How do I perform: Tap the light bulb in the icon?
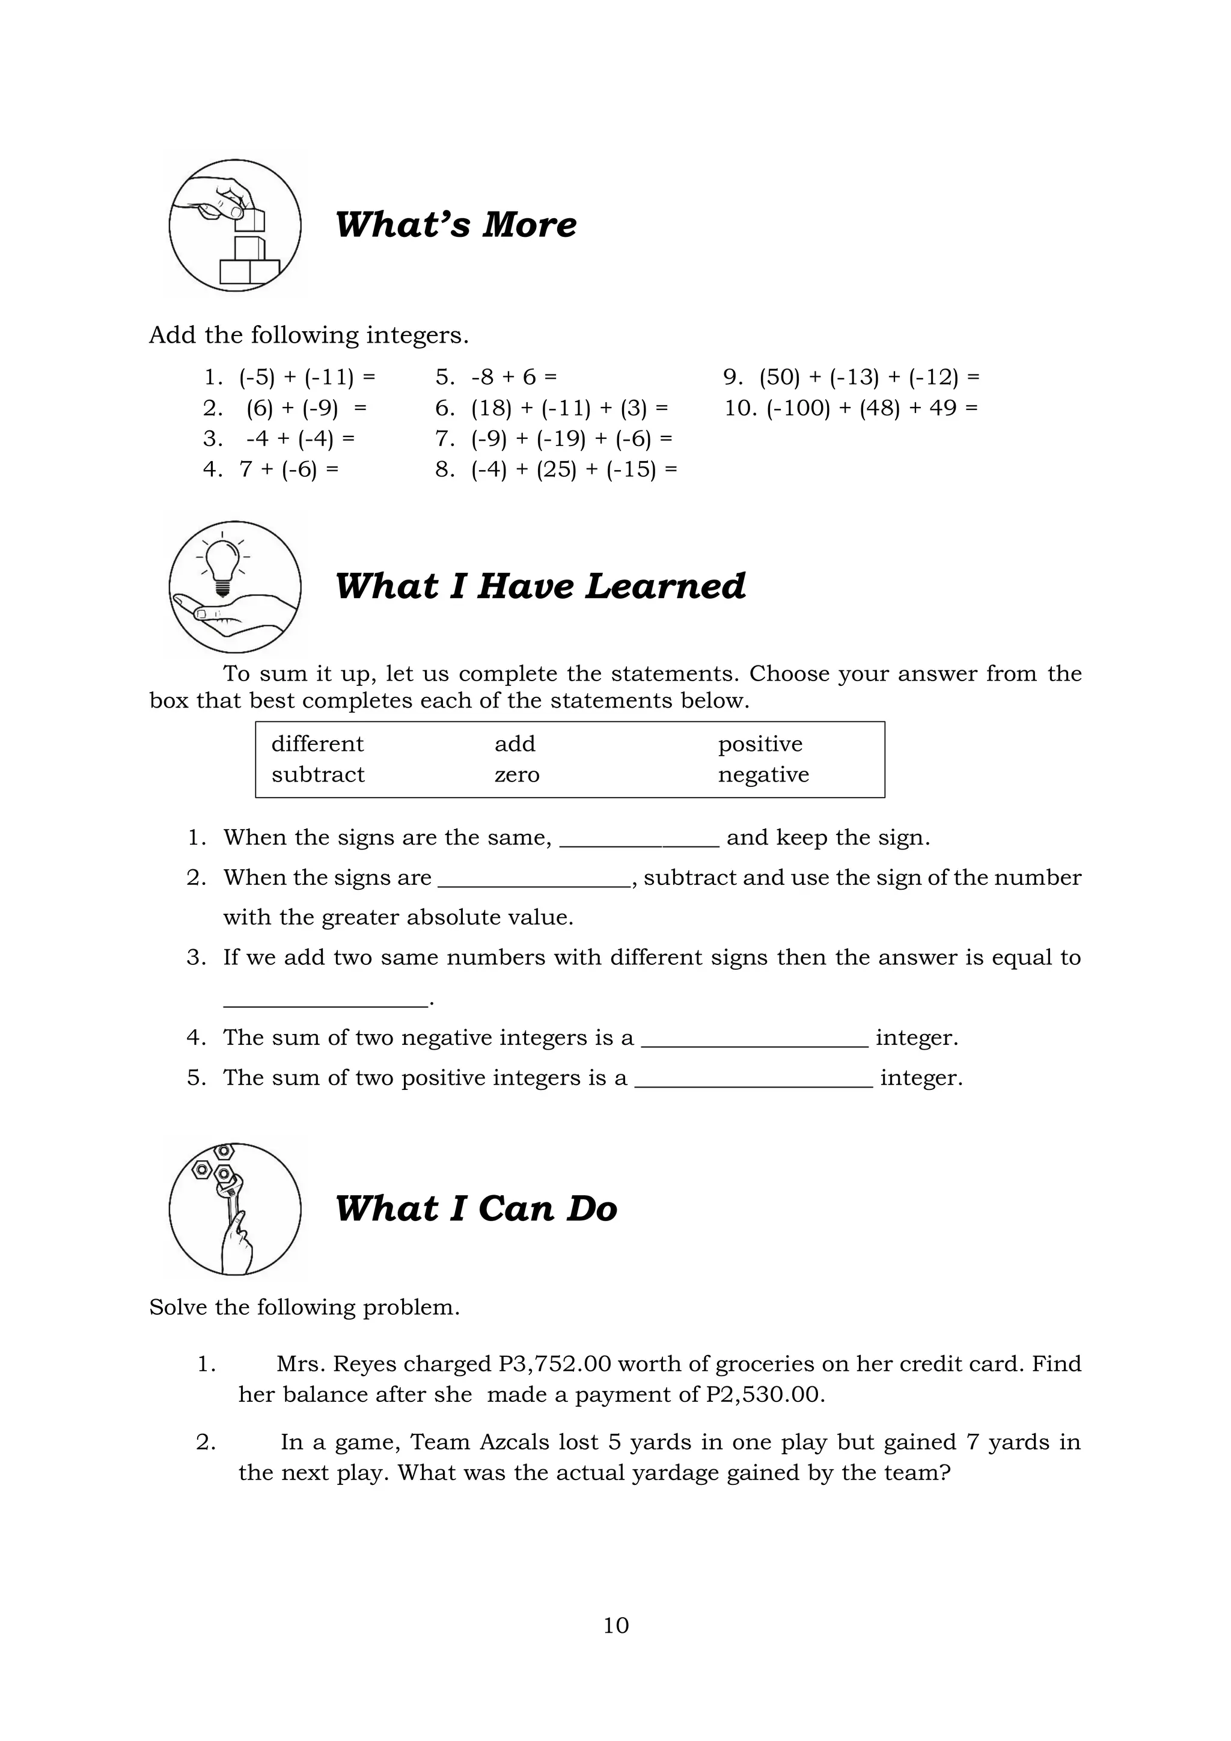point(221,563)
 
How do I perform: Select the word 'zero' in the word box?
point(517,774)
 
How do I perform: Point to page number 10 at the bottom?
point(615,1625)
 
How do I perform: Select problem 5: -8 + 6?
point(513,377)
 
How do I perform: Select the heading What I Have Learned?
point(540,586)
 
